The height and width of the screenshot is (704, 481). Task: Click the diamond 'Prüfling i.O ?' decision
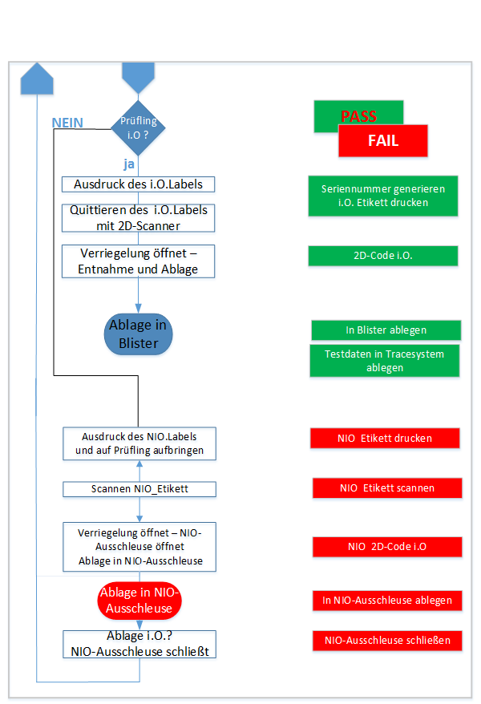tap(138, 127)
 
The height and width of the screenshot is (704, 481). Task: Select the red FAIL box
tap(383, 141)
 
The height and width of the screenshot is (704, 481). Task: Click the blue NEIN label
tap(67, 123)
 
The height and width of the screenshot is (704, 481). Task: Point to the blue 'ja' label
tap(128, 164)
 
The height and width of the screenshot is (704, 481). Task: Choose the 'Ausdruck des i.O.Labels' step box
tap(138, 184)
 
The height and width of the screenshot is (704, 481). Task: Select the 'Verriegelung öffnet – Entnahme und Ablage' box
tap(138, 262)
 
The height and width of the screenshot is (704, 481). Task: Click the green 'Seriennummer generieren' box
tap(382, 196)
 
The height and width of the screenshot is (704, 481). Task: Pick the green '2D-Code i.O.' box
tap(382, 256)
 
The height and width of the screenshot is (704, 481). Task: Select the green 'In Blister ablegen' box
tap(386, 330)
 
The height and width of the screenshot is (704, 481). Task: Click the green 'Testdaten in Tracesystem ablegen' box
tap(386, 361)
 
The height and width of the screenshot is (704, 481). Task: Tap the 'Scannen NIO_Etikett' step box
tap(139, 488)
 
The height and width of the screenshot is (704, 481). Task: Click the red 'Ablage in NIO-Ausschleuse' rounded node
tap(139, 601)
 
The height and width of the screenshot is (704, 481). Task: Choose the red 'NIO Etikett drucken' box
tap(385, 438)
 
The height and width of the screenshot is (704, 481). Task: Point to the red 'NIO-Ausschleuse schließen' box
tap(386, 640)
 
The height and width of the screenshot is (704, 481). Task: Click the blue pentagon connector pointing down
tap(138, 77)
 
